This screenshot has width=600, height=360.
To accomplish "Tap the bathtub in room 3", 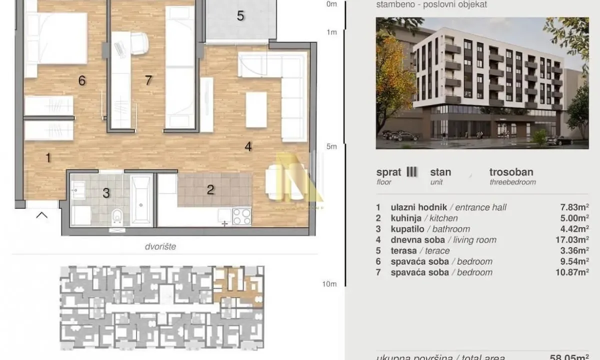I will click(x=141, y=198).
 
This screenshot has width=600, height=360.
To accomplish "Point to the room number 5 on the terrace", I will click(x=240, y=16).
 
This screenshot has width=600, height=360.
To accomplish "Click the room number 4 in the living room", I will click(x=247, y=146).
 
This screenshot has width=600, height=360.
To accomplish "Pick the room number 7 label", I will click(x=148, y=80).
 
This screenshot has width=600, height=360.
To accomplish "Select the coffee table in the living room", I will click(x=256, y=109).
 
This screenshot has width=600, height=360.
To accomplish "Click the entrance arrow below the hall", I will click(x=42, y=215).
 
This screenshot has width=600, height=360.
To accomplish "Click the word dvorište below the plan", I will click(x=161, y=246).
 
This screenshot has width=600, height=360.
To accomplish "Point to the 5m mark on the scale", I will click(x=331, y=146).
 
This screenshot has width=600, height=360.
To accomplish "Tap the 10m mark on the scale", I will click(x=330, y=284).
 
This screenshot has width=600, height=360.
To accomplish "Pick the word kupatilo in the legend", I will click(x=405, y=229).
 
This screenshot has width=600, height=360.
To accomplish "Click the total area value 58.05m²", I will click(x=574, y=357).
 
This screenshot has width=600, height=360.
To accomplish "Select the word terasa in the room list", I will click(x=402, y=250).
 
